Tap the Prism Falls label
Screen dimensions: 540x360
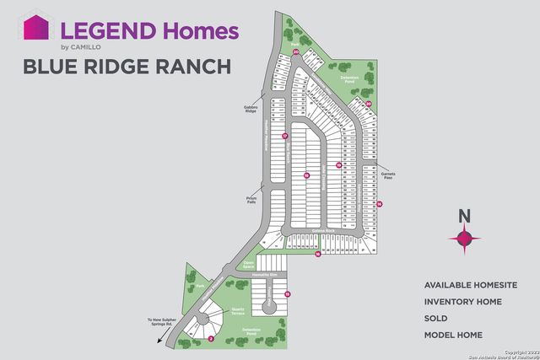tap(244, 201)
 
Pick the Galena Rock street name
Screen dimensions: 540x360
tap(324, 230)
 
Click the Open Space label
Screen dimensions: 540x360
tap(249, 263)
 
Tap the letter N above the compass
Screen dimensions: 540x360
tap(463, 215)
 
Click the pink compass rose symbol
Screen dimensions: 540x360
tap(463, 239)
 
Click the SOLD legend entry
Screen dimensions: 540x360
tap(436, 319)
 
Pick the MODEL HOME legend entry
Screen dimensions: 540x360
tap(454, 336)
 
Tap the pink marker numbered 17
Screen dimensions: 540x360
tap(285, 136)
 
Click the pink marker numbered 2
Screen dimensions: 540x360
tap(210, 338)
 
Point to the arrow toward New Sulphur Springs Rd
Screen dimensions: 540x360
tap(159, 337)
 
